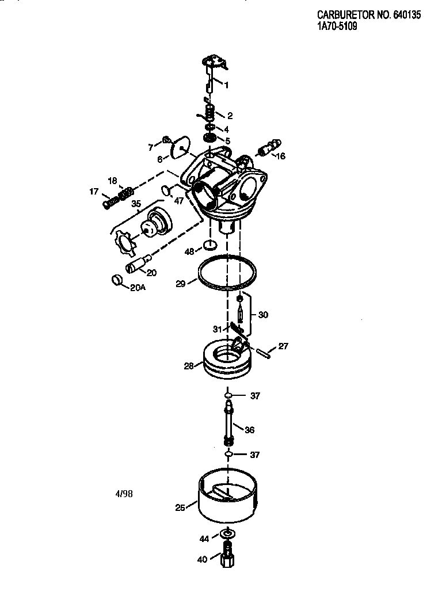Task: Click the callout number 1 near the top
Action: [x=226, y=85]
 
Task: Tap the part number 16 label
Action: [x=280, y=156]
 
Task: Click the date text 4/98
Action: [x=124, y=494]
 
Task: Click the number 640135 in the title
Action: [x=407, y=16]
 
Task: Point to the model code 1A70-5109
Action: [x=337, y=26]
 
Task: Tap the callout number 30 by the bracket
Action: [x=263, y=315]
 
